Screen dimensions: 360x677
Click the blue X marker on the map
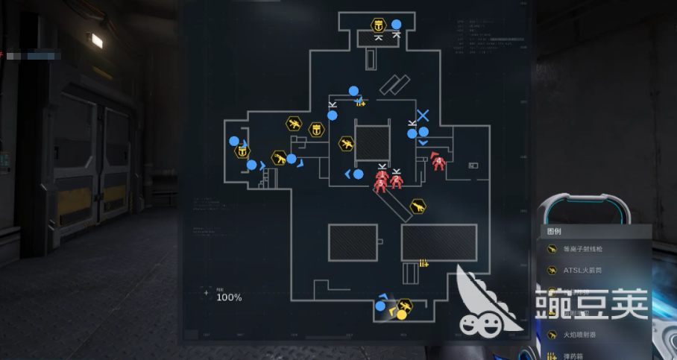pos(423,116)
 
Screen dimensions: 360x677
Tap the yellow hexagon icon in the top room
pos(378,25)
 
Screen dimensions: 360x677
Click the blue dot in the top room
pos(397,24)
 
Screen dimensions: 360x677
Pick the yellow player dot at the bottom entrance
pos(401,315)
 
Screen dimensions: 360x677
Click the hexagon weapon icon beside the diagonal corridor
pos(418,206)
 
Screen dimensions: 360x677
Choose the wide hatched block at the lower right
pos(438,242)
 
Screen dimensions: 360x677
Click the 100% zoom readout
pos(229,297)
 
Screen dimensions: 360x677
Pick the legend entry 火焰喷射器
pos(585,335)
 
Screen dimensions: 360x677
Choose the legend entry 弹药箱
pos(575,356)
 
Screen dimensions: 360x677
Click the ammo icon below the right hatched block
pos(423,262)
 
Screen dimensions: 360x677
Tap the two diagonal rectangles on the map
pos(394,85)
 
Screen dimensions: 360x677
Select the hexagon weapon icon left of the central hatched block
pos(346,144)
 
